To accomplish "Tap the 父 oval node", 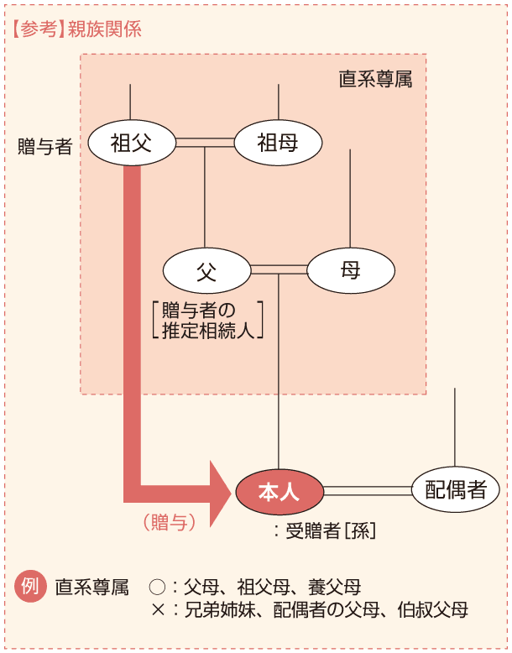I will click(x=206, y=270).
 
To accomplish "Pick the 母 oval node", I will click(x=351, y=270).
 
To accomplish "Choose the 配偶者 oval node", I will click(x=456, y=490).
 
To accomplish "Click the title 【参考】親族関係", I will click(x=76, y=29).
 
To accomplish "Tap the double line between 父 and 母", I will click(x=279, y=270).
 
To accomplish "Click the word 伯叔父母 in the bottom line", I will click(x=435, y=609).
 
